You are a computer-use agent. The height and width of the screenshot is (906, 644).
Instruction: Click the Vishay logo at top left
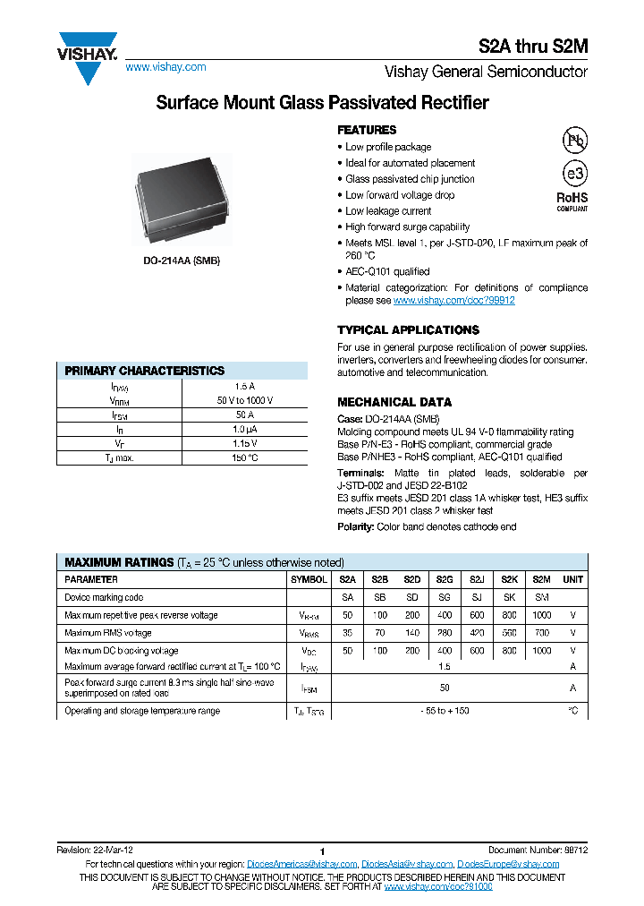click(x=88, y=58)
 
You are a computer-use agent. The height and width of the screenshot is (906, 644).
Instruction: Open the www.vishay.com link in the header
click(x=165, y=67)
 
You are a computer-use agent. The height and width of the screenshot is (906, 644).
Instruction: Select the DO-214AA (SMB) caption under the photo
click(x=182, y=261)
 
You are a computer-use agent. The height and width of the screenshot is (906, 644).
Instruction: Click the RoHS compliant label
click(x=572, y=201)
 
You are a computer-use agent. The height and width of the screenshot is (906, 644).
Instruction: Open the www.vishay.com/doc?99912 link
click(x=453, y=301)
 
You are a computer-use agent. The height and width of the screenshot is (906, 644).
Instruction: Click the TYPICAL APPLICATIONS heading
click(x=408, y=329)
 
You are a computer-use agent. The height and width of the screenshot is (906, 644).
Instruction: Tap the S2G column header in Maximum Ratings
click(x=444, y=579)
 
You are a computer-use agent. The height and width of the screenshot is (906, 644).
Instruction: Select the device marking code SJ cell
click(x=476, y=597)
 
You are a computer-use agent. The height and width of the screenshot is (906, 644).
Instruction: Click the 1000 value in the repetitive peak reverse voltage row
click(x=541, y=615)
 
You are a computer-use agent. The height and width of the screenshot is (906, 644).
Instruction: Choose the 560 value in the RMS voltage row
click(x=509, y=633)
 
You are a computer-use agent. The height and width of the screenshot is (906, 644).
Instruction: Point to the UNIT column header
click(x=572, y=579)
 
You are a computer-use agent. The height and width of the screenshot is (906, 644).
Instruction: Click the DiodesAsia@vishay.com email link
click(x=407, y=864)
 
